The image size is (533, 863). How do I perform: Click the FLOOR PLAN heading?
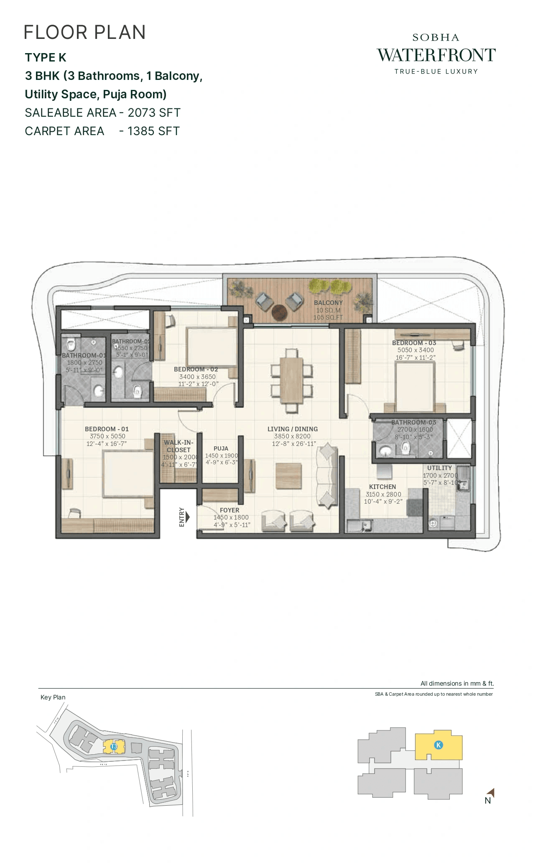[85, 33]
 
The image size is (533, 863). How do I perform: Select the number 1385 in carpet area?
[142, 131]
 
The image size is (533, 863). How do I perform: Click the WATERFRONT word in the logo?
[436, 55]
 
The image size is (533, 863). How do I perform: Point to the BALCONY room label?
[328, 303]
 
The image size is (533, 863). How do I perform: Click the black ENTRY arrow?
[187, 517]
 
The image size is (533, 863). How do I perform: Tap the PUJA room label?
[221, 448]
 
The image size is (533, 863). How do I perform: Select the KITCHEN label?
[382, 487]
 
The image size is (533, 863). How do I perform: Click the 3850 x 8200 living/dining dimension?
[292, 436]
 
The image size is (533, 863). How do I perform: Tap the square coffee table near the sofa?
[288, 476]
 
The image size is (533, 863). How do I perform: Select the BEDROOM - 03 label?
[414, 343]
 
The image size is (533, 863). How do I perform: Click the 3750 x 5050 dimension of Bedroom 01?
[107, 436]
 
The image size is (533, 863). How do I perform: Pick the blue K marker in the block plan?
[438, 745]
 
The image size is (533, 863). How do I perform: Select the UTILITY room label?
[439, 468]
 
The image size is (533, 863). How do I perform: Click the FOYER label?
[230, 510]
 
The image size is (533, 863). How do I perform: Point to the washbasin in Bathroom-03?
[385, 451]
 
